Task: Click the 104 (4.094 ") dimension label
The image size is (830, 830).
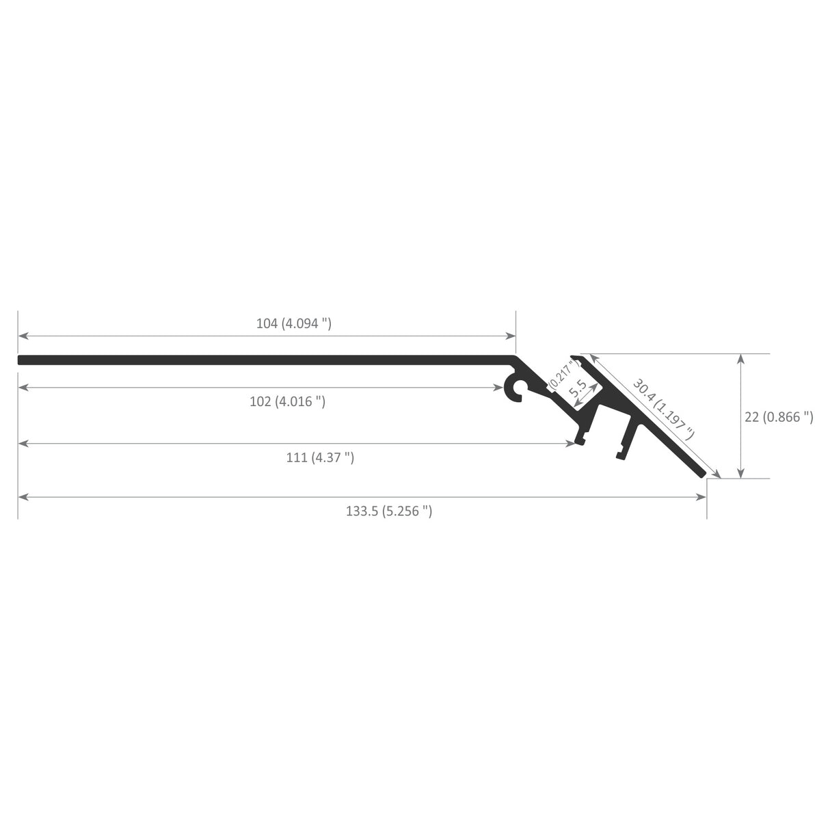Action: coord(294,323)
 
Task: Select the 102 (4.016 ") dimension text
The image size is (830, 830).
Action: coord(287,401)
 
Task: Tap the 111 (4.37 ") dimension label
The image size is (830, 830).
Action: coord(320,457)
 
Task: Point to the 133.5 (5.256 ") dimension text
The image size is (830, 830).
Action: coord(389,511)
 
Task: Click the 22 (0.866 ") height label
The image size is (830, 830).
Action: coord(779,416)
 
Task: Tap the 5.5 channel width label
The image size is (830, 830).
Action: coord(578,389)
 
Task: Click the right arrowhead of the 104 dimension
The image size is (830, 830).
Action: coord(511,336)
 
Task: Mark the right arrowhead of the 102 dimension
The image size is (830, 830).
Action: coord(498,388)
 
